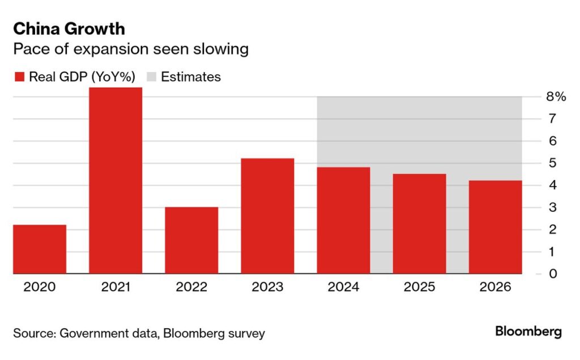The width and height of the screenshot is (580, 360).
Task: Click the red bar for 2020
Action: [x=40, y=249]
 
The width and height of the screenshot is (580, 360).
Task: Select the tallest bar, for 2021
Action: [x=116, y=181]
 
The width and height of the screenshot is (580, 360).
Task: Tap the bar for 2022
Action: [x=191, y=241]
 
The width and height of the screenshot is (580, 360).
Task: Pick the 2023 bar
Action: [x=267, y=216]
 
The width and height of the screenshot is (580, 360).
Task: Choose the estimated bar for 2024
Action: [x=343, y=221]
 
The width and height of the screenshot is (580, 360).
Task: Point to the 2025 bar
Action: [x=419, y=224]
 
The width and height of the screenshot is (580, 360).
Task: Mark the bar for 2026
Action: [x=495, y=227]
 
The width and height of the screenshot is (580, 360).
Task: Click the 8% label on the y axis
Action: [x=556, y=97]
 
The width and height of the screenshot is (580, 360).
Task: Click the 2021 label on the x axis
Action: [x=116, y=287]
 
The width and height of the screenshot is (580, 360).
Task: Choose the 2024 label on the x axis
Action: [x=343, y=287]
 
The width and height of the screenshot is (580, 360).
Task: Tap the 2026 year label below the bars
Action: [x=495, y=287]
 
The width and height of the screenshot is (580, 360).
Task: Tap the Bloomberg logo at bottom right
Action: [x=528, y=332]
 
